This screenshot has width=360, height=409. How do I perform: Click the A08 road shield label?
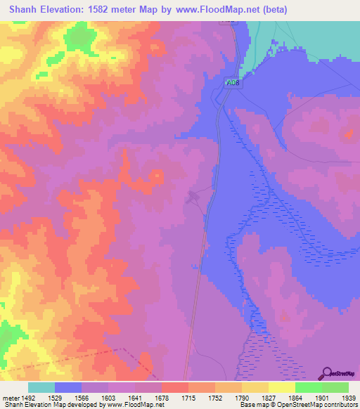point(232,83)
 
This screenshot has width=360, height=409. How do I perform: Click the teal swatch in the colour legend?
point(41,387)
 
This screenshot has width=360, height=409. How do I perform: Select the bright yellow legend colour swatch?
point(282,387)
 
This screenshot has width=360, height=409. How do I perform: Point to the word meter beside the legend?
point(11,397)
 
